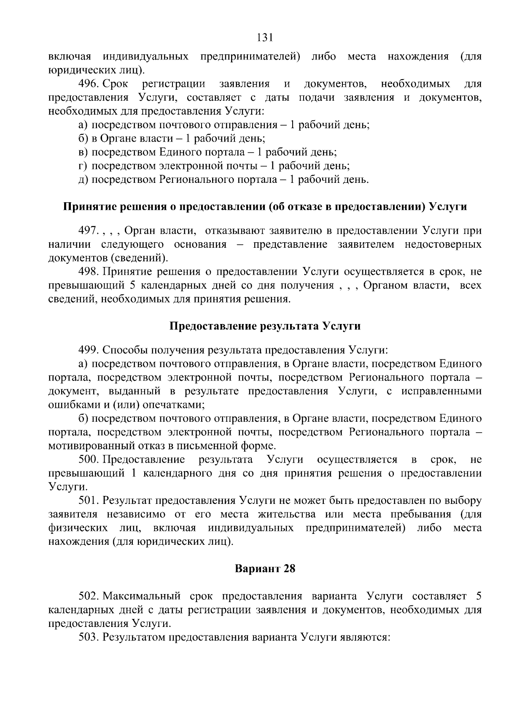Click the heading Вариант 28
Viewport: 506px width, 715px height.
pos(265,569)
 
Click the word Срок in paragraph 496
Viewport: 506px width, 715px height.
pos(116,84)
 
